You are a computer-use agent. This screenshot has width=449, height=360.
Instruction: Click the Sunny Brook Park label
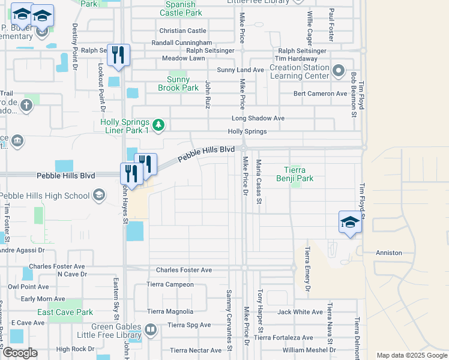pyautogui.click(x=178, y=83)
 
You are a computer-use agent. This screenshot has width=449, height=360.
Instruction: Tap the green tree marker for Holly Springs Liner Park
pyautogui.click(x=158, y=125)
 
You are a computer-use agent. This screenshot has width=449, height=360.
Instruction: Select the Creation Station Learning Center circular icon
pyautogui.click(x=339, y=72)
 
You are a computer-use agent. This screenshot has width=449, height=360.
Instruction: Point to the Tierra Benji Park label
pyautogui.click(x=295, y=174)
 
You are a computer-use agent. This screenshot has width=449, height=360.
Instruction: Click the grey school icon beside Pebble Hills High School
pyautogui.click(x=98, y=195)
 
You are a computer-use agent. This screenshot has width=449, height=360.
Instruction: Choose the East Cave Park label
pyautogui.click(x=65, y=312)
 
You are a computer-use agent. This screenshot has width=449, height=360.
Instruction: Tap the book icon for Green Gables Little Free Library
pyautogui.click(x=151, y=329)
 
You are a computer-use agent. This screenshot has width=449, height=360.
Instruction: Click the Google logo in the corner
pyautogui.click(x=20, y=352)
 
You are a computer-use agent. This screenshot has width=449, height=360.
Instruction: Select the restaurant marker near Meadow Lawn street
pyautogui.click(x=118, y=56)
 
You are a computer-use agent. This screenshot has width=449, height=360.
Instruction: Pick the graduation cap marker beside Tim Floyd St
pyautogui.click(x=350, y=223)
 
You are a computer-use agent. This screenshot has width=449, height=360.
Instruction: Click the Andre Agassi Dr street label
pyautogui.click(x=22, y=250)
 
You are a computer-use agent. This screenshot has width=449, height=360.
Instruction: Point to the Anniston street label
pyautogui.click(x=388, y=253)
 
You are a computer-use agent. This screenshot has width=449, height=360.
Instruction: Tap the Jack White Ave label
pyautogui.click(x=300, y=312)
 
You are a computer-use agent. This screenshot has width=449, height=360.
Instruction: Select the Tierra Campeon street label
pyautogui.click(x=170, y=284)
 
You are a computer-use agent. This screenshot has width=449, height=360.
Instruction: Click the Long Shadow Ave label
pyautogui.click(x=258, y=118)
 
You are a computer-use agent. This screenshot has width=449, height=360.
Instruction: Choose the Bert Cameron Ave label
pyautogui.click(x=320, y=94)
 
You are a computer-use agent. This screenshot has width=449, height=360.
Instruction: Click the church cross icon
pyautogui.click(x=26, y=106)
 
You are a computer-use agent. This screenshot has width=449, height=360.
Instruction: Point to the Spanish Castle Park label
pyautogui.click(x=181, y=8)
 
